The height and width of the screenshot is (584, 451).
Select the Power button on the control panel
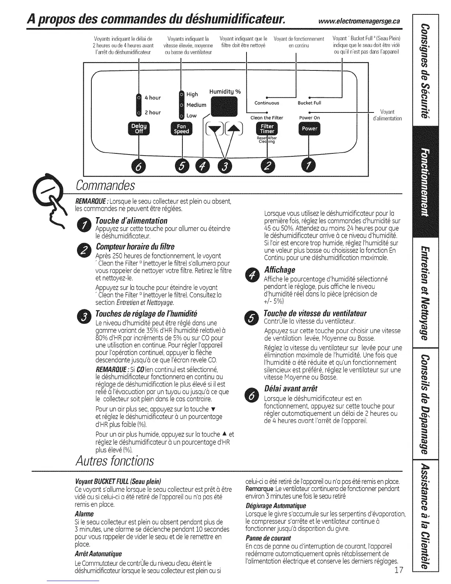point(309,129)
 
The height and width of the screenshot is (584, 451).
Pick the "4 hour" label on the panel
point(153,98)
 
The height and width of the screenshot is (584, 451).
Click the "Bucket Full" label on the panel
point(310,103)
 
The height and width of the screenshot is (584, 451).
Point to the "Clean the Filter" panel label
point(267,118)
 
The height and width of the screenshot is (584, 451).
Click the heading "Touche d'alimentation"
point(131,221)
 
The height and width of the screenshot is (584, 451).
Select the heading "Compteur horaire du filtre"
point(135,246)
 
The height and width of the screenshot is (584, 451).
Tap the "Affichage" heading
point(280,270)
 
